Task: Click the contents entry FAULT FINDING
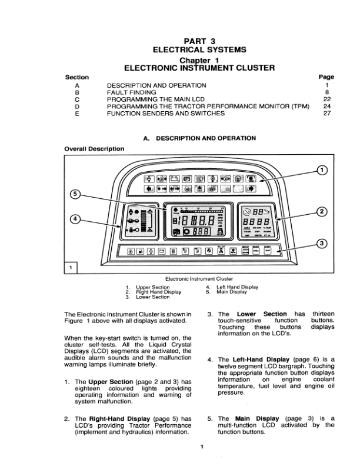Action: (131, 92)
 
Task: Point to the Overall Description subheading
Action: (94, 149)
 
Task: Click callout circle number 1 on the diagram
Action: (321, 171)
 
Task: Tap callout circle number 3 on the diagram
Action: (321, 244)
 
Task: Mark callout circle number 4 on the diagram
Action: (75, 219)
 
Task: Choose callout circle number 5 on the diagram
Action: (75, 195)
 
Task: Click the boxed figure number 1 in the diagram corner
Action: (71, 268)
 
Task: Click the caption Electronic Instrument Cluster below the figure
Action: (199, 278)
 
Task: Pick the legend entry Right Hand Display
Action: (158, 292)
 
